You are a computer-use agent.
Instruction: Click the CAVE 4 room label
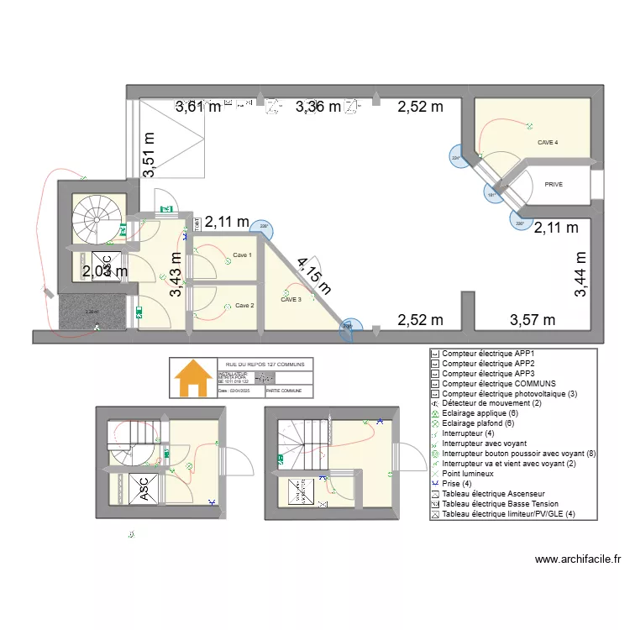[548, 143]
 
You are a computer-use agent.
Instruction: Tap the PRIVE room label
[554, 184]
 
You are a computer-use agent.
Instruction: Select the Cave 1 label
[242, 255]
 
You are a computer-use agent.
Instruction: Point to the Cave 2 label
[244, 305]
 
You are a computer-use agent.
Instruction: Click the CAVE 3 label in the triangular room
[291, 299]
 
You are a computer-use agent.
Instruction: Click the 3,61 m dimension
[198, 107]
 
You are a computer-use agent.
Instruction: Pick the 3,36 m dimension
[318, 107]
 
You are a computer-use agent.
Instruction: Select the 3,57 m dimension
[533, 320]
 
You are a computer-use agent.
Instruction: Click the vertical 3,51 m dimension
[150, 155]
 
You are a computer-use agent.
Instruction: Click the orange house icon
[192, 379]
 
